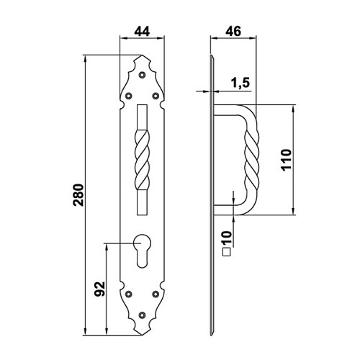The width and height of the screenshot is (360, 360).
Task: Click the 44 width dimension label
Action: tap(142, 32)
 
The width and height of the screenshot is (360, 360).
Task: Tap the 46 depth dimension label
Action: tap(233, 32)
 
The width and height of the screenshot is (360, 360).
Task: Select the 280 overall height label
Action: tap(78, 195)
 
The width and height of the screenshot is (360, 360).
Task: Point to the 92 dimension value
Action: tap(99, 289)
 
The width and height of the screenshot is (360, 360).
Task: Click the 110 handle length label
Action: tap(286, 160)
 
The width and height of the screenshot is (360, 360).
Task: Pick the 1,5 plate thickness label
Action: tap(240, 83)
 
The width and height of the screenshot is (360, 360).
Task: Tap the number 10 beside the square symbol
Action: tap(227, 238)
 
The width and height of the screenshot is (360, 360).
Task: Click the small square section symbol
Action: tap(227, 252)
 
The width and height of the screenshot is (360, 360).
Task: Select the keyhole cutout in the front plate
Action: tap(142, 251)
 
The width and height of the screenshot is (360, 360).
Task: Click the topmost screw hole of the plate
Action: tap(143, 75)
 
